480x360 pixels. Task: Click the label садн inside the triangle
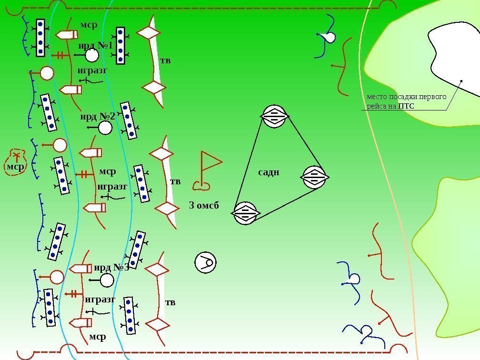(269, 172)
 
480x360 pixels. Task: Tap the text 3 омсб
(204, 206)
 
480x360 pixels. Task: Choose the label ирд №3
(111, 268)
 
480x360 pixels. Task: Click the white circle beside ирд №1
(92, 55)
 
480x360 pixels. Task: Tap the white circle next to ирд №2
(105, 128)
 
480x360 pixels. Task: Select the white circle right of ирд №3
(107, 280)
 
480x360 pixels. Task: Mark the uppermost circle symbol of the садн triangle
(274, 116)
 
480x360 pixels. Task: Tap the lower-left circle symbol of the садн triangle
(245, 213)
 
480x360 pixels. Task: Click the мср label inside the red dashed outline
(15, 167)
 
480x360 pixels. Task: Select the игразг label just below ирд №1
(92, 70)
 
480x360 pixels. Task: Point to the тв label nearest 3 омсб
(176, 181)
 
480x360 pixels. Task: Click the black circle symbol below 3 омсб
(206, 262)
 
